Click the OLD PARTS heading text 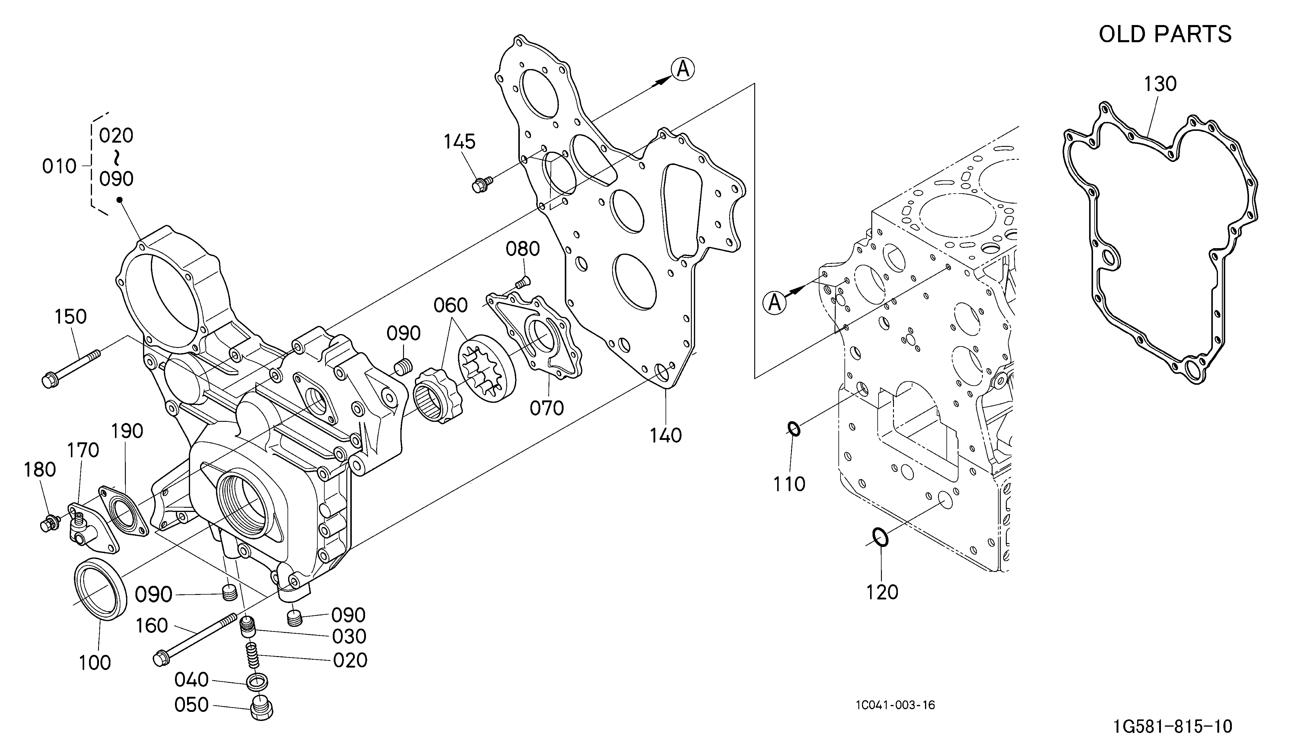coord(1165,34)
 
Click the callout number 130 coord(1160,84)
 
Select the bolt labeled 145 coord(482,184)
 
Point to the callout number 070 coord(547,408)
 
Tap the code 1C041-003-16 coord(895,705)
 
